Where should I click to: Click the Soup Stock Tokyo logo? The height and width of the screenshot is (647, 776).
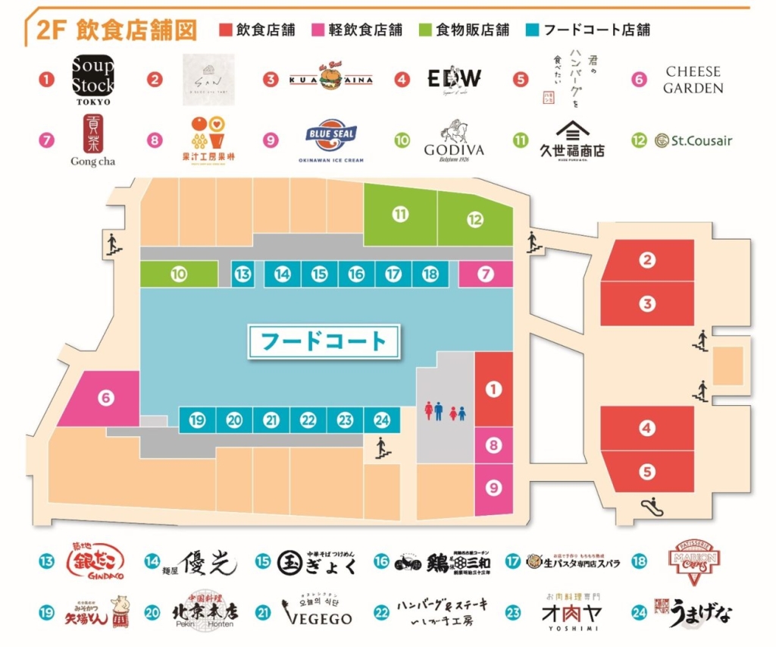(93, 79)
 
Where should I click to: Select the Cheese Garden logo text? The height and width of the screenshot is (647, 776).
(693, 79)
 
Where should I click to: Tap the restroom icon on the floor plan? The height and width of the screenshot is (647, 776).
(445, 411)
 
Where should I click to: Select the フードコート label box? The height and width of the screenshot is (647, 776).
(324, 341)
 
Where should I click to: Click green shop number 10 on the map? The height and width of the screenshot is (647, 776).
(178, 275)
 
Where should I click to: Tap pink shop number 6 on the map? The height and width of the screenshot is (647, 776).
(105, 397)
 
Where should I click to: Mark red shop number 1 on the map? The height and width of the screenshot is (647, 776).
(493, 390)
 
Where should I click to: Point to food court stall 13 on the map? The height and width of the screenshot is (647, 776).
(242, 275)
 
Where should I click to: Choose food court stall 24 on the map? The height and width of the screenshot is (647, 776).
(382, 419)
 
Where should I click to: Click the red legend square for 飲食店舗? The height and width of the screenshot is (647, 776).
(224, 30)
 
